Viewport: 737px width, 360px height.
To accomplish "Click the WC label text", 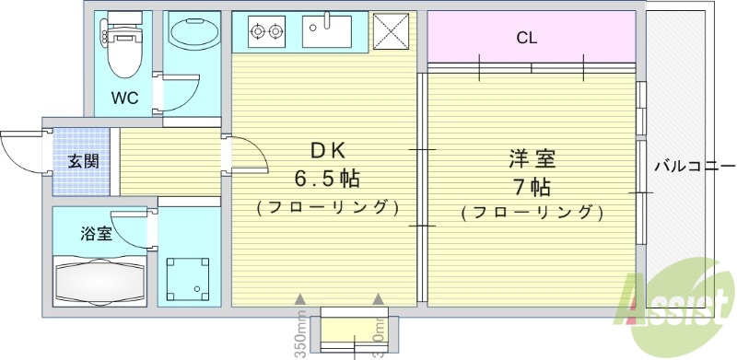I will (125, 99).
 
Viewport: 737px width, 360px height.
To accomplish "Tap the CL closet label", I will (527, 38).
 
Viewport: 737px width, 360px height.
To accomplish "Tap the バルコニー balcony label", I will (688, 167).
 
